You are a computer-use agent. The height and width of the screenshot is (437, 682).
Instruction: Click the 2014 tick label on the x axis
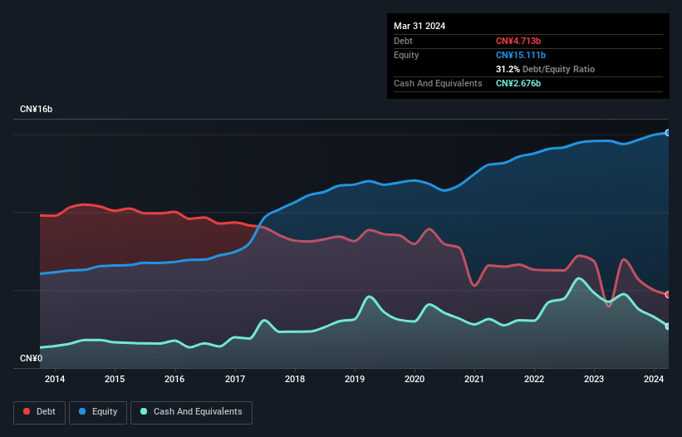pyautogui.click(x=55, y=380)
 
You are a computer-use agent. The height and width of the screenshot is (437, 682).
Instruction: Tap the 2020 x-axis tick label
pyautogui.click(x=415, y=380)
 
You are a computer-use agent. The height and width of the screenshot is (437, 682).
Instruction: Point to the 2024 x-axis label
pyautogui.click(x=654, y=380)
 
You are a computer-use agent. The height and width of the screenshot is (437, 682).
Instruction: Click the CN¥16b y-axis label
pyautogui.click(x=37, y=110)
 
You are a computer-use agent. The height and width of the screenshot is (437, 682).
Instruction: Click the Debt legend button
pyautogui.click(x=39, y=412)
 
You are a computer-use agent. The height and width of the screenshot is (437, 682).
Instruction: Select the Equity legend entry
pyautogui.click(x=99, y=412)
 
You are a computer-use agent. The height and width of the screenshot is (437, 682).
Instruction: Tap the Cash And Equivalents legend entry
pyautogui.click(x=191, y=412)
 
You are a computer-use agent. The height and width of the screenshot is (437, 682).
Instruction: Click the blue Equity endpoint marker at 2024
pyautogui.click(x=668, y=133)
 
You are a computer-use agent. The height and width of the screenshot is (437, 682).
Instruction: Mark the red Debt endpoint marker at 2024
pyautogui.click(x=668, y=295)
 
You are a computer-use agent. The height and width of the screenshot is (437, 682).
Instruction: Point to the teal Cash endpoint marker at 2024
pyautogui.click(x=668, y=327)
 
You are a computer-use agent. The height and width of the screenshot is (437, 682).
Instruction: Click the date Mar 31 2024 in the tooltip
pyautogui.click(x=420, y=26)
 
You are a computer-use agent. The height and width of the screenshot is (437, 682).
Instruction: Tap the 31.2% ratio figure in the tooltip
pyautogui.click(x=509, y=69)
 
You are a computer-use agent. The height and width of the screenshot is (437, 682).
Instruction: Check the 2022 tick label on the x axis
pyautogui.click(x=534, y=380)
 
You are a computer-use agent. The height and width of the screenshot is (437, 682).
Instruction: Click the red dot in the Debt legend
pyautogui.click(x=27, y=412)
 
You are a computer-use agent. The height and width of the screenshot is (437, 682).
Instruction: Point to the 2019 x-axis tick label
pyautogui.click(x=355, y=380)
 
